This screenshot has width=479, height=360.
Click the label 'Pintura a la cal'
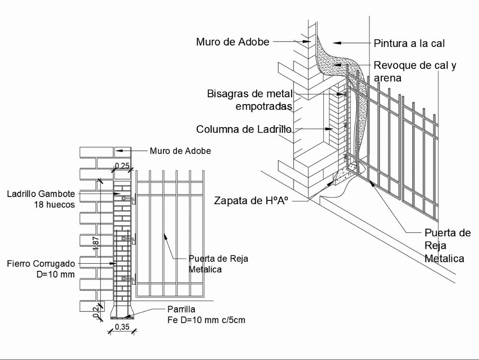tap(410, 43)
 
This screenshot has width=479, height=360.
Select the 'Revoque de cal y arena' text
tap(415, 71)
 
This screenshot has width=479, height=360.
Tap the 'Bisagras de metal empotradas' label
tap(249, 99)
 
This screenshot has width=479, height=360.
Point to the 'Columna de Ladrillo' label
tap(244, 129)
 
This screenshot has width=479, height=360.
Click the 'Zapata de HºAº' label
tap(251, 201)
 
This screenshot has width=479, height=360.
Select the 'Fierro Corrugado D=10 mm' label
tap(41, 268)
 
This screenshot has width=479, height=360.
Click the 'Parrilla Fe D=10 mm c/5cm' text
tap(206, 314)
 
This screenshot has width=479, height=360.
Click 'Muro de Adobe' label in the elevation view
tap(180, 151)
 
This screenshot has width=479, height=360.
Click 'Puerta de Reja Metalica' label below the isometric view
tap(445, 246)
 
